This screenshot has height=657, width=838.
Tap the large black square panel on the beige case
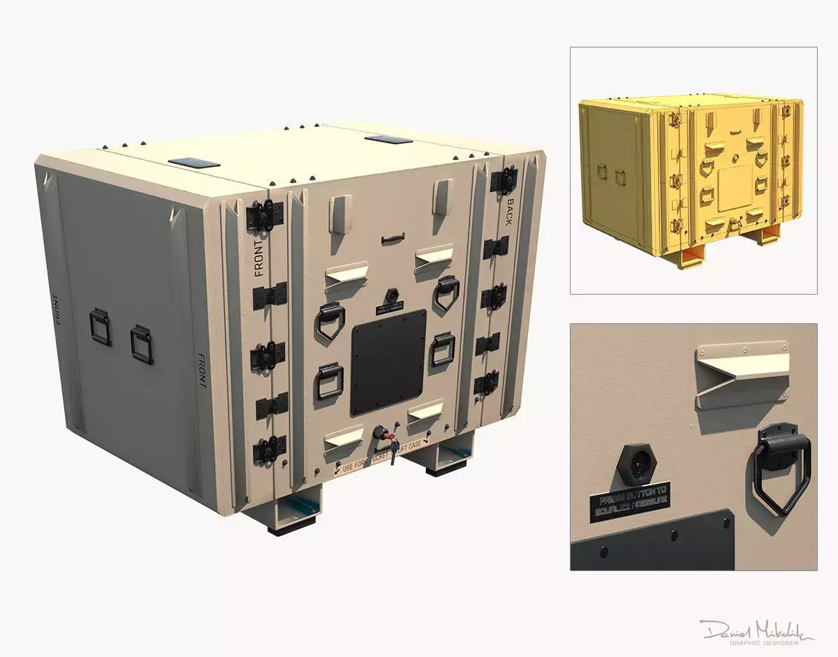pos(388,362)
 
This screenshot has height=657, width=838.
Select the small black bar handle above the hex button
pos(393,240)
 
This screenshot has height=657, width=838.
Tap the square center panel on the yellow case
pos(735,186)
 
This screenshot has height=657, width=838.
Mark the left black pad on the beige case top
pos(193,163)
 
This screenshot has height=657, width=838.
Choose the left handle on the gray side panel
pos(100,327)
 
